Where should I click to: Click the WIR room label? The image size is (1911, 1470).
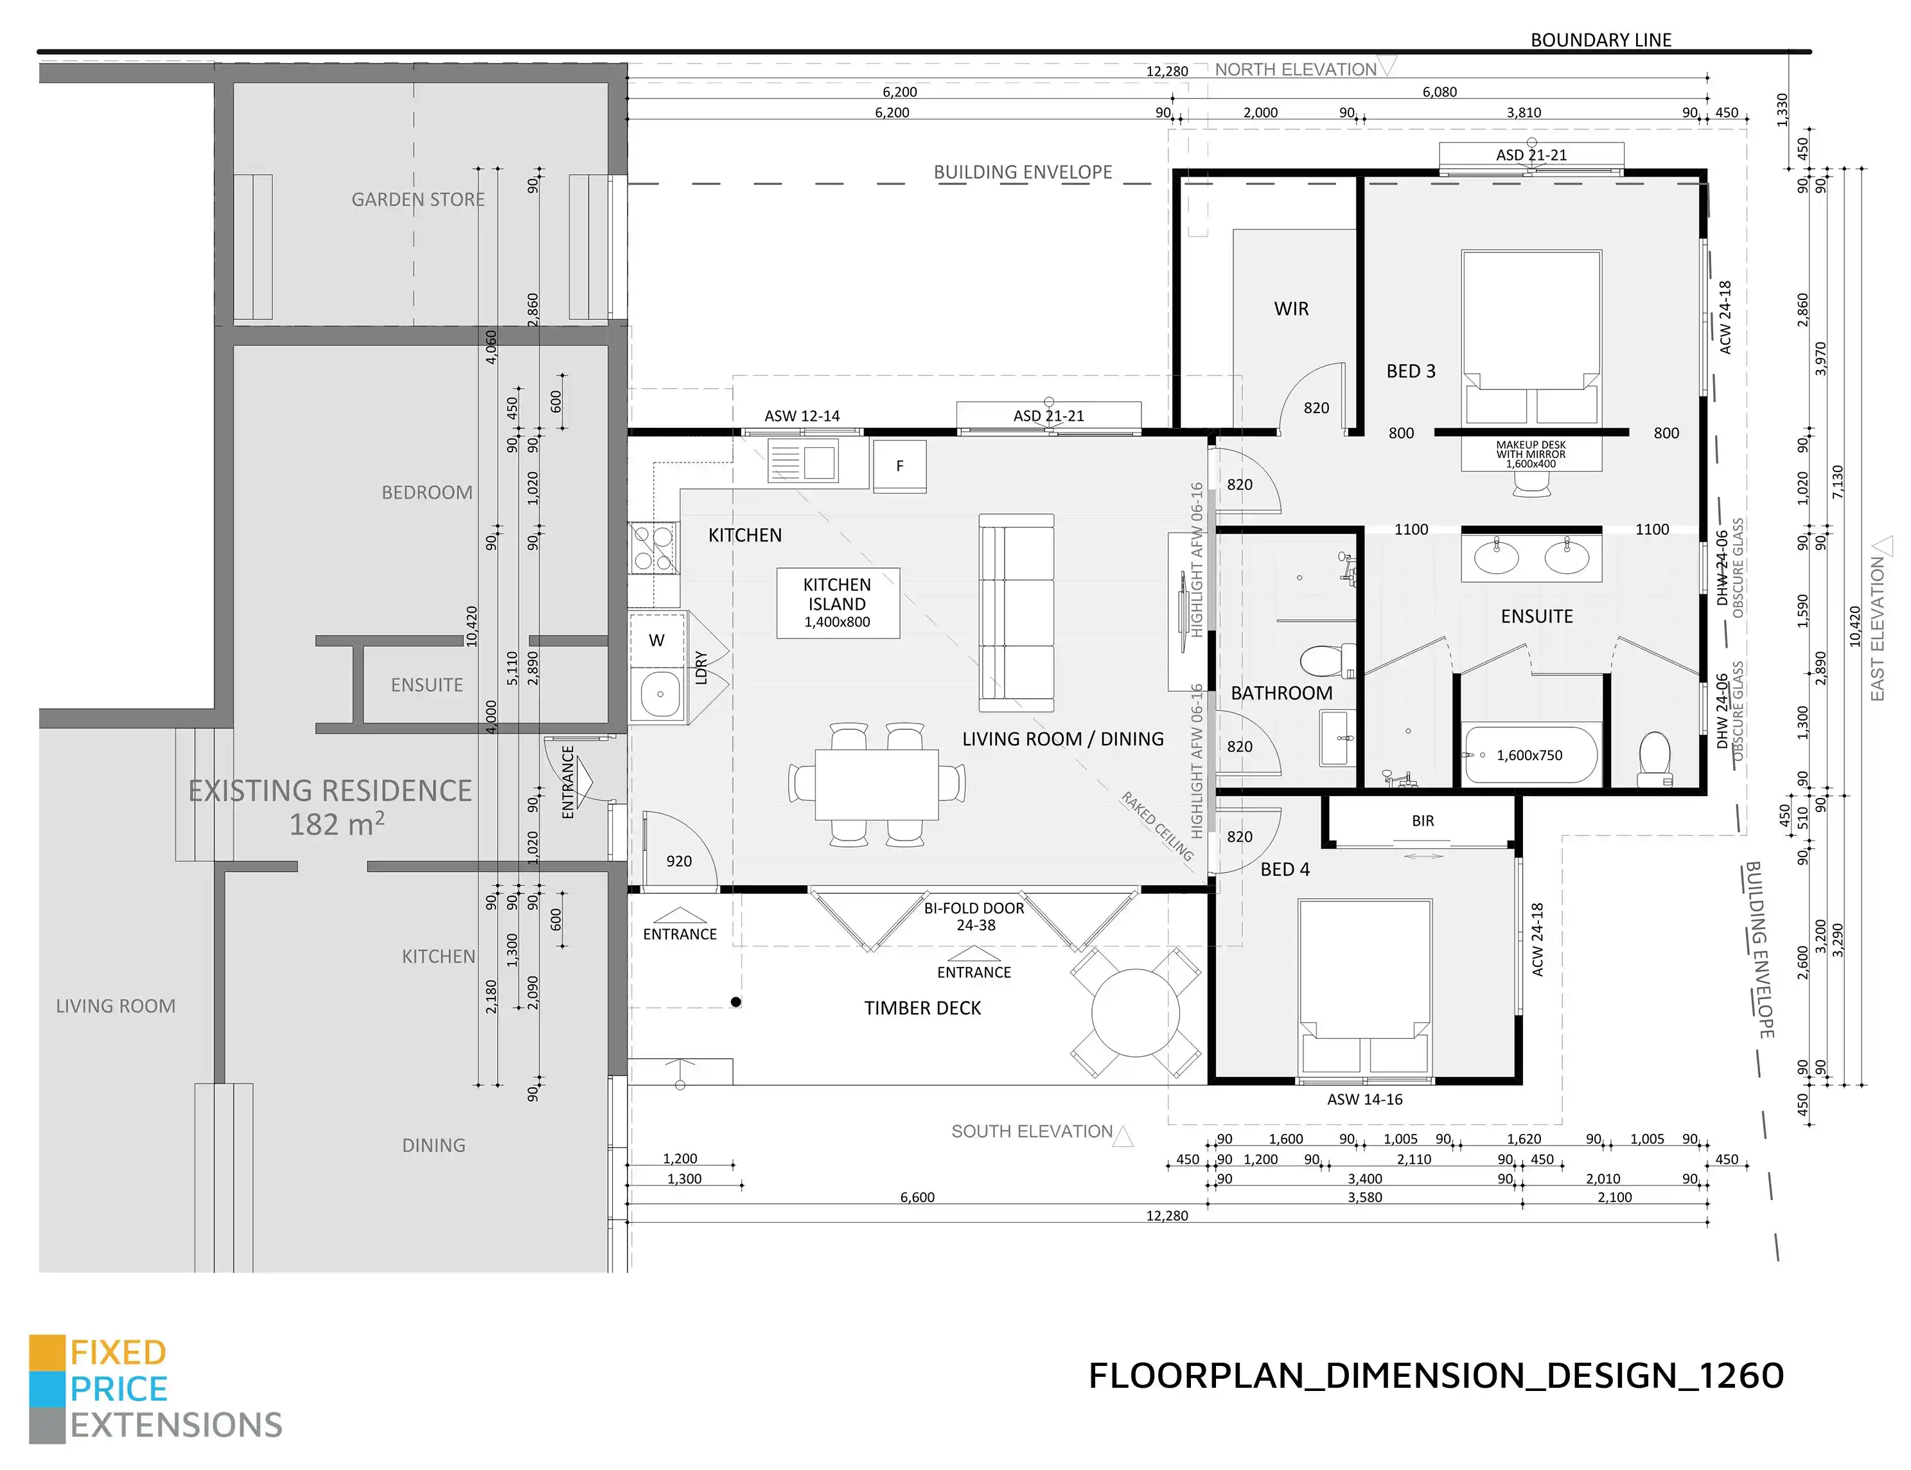1291,309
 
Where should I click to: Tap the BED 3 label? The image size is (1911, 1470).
1411,371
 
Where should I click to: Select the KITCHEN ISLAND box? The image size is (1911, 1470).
838,603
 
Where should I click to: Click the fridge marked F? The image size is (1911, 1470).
899,466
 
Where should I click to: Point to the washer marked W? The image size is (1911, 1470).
657,640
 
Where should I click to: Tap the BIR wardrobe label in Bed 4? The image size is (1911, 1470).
1423,820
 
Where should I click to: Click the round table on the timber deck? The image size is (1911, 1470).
1135,1013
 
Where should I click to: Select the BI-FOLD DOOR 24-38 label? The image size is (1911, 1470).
974,917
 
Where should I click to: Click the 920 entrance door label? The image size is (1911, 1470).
679,861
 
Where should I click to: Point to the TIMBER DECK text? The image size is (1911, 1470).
922,1008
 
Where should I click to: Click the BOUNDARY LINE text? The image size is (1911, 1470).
1601,40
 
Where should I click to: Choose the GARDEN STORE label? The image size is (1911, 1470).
418,200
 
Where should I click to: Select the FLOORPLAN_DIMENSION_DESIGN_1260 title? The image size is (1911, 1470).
1436,1376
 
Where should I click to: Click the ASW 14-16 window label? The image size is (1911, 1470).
1364,1100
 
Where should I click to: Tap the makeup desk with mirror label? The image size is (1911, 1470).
1531,454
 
